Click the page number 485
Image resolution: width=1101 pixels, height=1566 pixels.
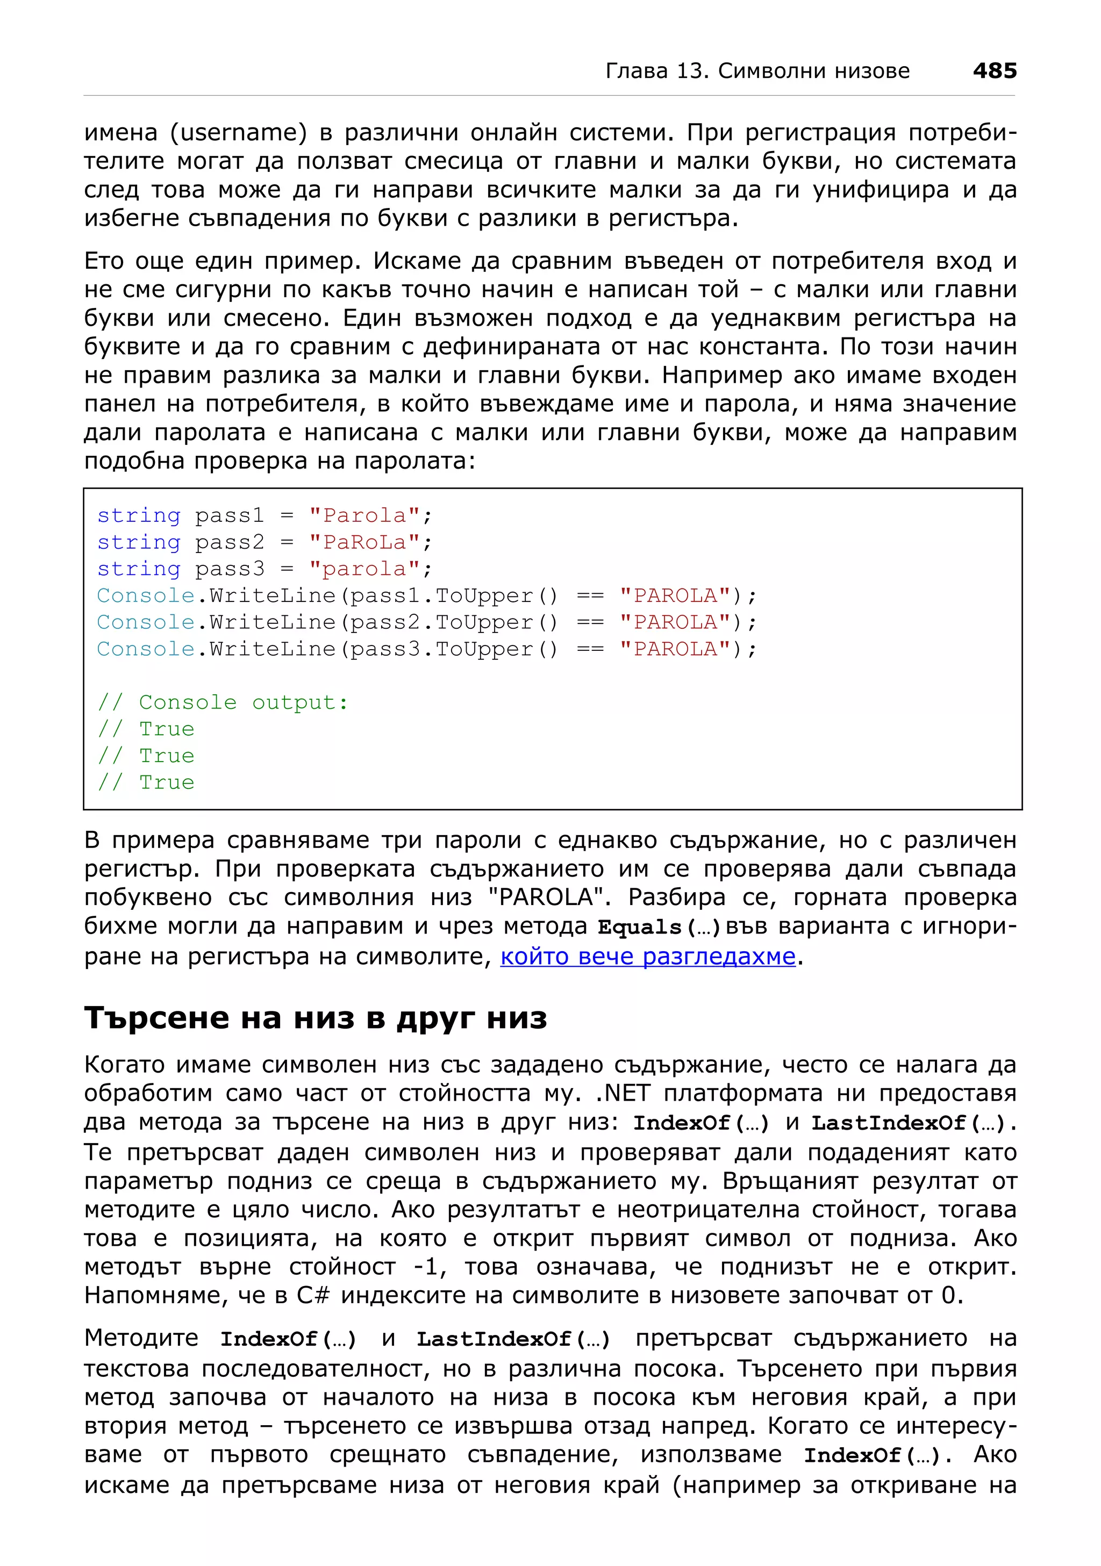click(994, 70)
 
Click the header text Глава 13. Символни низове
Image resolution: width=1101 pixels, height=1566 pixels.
click(757, 71)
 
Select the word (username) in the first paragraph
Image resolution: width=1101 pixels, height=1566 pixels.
click(238, 132)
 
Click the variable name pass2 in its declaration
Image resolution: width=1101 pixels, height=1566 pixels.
click(229, 542)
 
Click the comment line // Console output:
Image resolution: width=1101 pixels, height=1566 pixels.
click(223, 702)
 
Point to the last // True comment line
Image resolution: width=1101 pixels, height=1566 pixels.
click(146, 782)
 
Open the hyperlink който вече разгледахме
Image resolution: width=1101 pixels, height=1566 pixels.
click(647, 957)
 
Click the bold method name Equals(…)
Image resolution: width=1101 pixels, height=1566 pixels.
click(658, 928)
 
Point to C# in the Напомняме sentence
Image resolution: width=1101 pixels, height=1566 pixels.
click(312, 1295)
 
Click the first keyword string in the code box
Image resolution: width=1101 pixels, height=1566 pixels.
click(139, 515)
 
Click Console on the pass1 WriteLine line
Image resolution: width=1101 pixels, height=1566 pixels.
click(146, 596)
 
